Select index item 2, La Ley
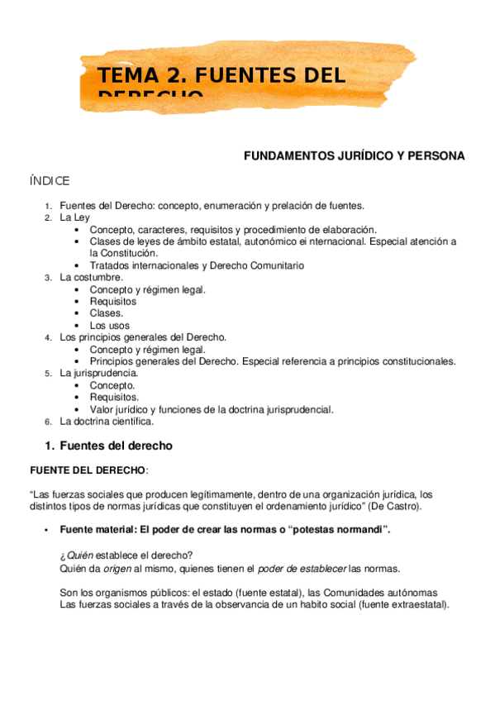coord(74,217)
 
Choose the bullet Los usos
coord(109,326)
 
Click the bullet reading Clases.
coord(107,313)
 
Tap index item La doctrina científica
coord(107,421)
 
